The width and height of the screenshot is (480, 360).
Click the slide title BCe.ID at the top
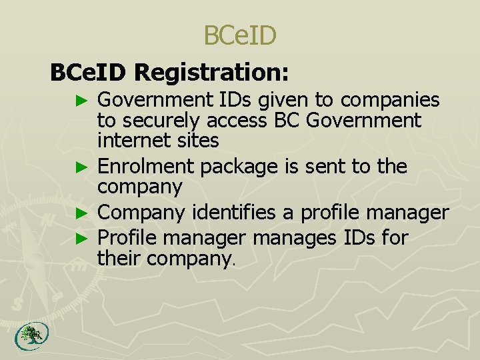tap(239, 36)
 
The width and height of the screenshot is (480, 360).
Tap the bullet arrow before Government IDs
tap(82, 101)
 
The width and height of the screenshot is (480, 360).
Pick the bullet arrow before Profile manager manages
tap(82, 238)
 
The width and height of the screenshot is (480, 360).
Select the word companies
tap(390, 100)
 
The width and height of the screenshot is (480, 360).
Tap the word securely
tap(163, 121)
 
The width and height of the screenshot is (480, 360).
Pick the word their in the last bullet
tap(119, 257)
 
